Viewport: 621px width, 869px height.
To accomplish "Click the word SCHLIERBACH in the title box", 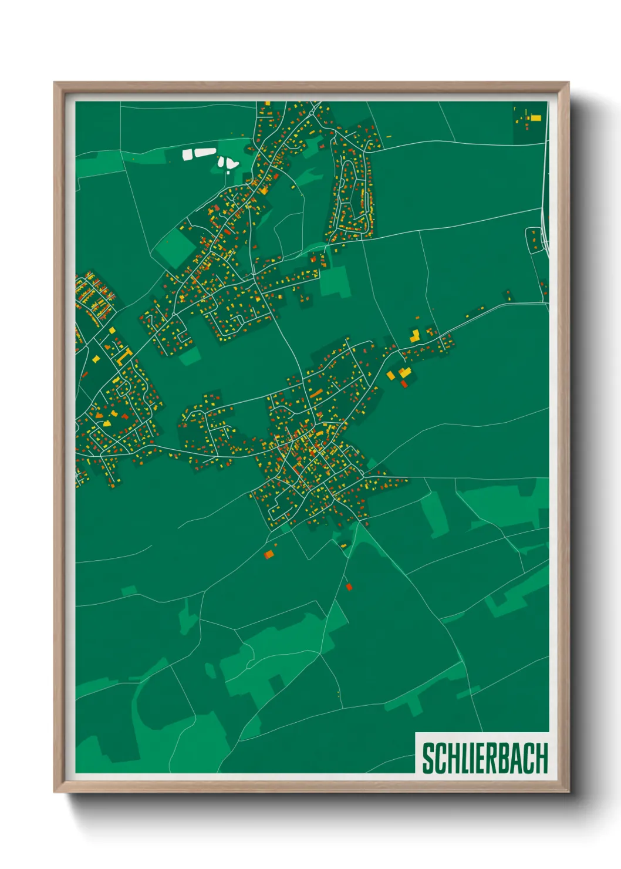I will pyautogui.click(x=485, y=758).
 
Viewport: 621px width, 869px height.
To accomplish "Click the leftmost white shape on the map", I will pyautogui.click(x=187, y=154).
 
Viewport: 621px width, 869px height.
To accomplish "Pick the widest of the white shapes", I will pyautogui.click(x=205, y=153).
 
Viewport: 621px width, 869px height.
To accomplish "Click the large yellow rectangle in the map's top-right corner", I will pyautogui.click(x=535, y=118).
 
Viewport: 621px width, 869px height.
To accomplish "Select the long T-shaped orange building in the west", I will pyautogui.click(x=124, y=355).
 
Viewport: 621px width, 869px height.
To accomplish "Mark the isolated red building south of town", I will pyautogui.click(x=349, y=587).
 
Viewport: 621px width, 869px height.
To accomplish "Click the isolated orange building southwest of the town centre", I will pyautogui.click(x=269, y=554).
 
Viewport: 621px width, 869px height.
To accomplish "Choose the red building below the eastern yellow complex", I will pyautogui.click(x=404, y=384).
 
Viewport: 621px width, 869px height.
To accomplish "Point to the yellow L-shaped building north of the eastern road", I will pyautogui.click(x=415, y=336).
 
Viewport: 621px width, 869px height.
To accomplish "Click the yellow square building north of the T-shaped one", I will pyautogui.click(x=112, y=331).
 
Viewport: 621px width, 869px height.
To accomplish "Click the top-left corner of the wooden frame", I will pyautogui.click(x=55, y=83).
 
